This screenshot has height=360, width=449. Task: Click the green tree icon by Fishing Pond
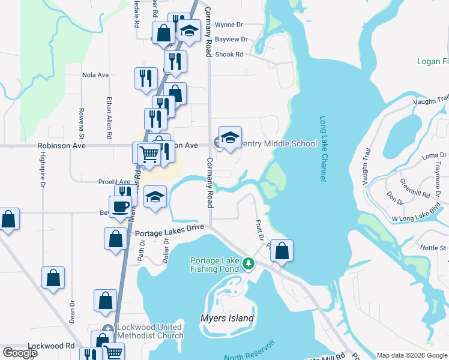(247, 263)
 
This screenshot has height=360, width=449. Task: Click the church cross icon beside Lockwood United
(107, 328)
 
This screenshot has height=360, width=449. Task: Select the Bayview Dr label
(232, 39)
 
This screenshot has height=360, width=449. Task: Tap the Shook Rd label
(231, 54)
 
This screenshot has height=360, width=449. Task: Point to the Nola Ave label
(95, 75)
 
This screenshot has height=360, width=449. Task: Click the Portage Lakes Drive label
(170, 233)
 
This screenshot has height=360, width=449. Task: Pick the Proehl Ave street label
(116, 182)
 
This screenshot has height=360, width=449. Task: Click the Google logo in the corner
(20, 353)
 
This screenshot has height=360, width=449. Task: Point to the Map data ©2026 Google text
(412, 355)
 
